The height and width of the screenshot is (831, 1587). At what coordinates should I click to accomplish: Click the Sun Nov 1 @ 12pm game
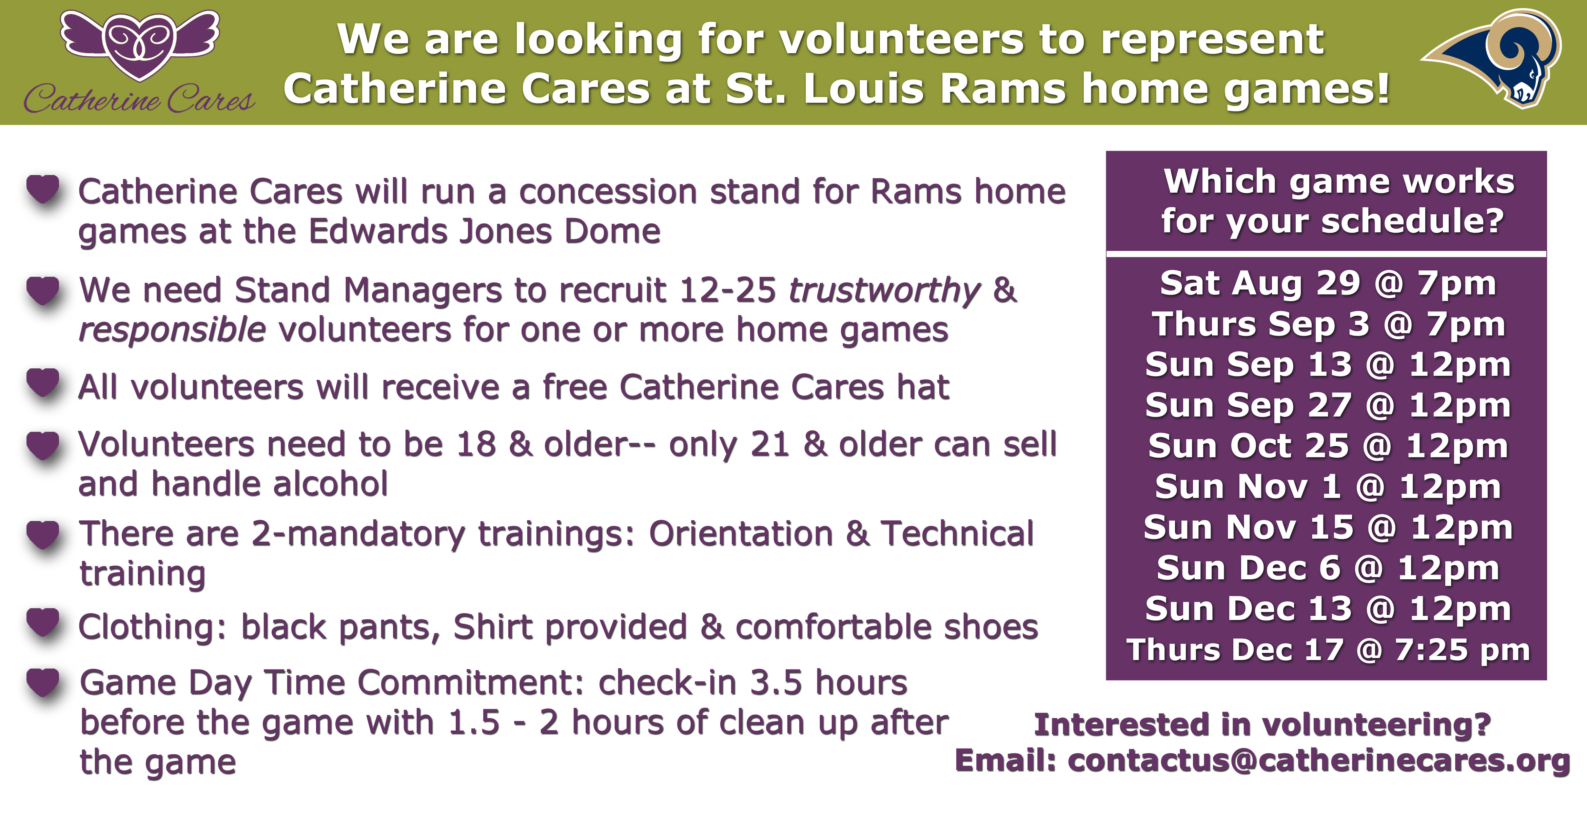click(x=1328, y=487)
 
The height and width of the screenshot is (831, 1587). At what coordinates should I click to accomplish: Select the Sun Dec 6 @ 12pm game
click(x=1328, y=568)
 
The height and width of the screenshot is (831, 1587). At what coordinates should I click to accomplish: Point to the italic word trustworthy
click(x=884, y=290)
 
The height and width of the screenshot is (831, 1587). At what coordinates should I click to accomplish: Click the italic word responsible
click(x=173, y=330)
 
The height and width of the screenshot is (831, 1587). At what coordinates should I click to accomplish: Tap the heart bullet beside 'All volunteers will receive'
click(x=43, y=383)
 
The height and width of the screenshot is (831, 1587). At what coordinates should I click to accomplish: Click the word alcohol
click(x=331, y=484)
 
